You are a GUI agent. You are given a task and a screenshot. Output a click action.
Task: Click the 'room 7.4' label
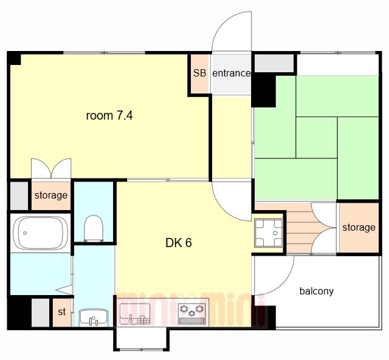pyautogui.click(x=109, y=115)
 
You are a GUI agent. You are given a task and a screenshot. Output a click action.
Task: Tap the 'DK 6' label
pyautogui.click(x=178, y=243)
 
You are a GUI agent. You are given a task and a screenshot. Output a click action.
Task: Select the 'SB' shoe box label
pyautogui.click(x=199, y=73)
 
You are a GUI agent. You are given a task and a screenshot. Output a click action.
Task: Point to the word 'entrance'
pyautogui.click(x=231, y=73)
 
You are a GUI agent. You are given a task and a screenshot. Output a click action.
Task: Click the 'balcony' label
pyautogui.click(x=316, y=291)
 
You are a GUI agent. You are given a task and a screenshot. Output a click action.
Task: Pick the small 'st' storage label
pyautogui.click(x=62, y=311)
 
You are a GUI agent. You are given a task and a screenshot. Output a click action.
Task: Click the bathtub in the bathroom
pyautogui.click(x=41, y=233)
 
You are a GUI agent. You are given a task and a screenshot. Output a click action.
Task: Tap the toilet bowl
pyautogui.click(x=94, y=228)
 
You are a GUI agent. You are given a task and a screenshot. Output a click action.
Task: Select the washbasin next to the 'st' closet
pyautogui.click(x=94, y=318)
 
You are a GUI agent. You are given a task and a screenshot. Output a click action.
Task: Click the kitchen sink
pyautogui.click(x=135, y=314)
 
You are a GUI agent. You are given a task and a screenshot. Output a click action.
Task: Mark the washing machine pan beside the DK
pyautogui.click(x=269, y=233)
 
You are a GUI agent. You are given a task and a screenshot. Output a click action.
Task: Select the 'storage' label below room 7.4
pyautogui.click(x=51, y=195)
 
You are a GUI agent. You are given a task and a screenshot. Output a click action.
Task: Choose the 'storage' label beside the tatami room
pyautogui.click(x=359, y=228)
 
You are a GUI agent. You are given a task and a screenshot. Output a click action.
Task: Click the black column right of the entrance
pyautogui.click(x=264, y=91)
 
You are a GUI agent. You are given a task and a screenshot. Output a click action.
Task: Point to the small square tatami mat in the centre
pyautogui.click(x=317, y=138)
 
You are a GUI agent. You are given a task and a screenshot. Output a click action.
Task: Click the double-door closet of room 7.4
pyautogui.click(x=51, y=169)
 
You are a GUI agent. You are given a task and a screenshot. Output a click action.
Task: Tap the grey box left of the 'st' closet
pyautogui.click(x=41, y=313)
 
